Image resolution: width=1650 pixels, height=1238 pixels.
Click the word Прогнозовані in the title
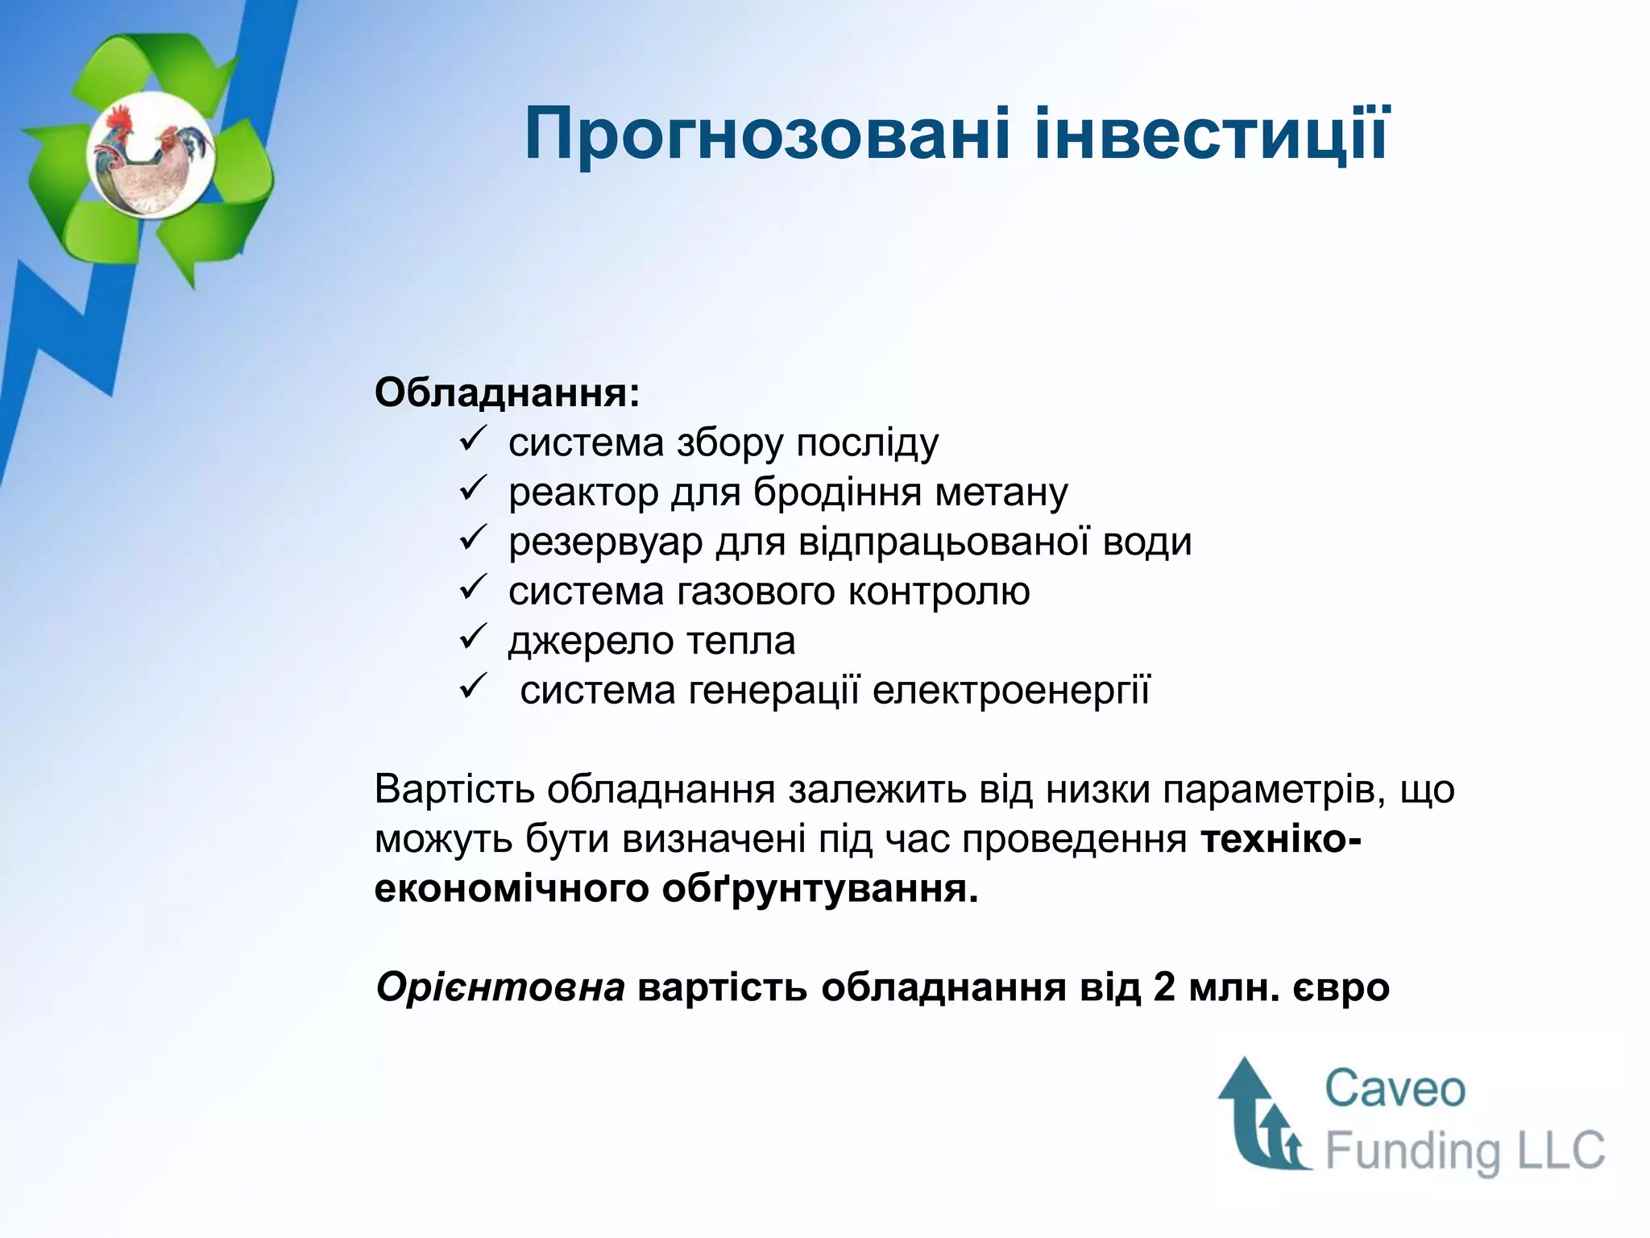(x=765, y=135)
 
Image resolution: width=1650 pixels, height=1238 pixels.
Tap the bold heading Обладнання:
(x=507, y=393)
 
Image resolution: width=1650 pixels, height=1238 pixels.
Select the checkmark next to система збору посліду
(x=471, y=440)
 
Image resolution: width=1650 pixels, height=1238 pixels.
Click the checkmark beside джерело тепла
(x=471, y=638)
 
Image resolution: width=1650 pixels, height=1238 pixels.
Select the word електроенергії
(x=1011, y=691)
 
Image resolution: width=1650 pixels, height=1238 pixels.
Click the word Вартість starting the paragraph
(x=454, y=789)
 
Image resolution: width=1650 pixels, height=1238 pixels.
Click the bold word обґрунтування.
(x=819, y=889)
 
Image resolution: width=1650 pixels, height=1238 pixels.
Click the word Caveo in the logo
(x=1395, y=1089)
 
